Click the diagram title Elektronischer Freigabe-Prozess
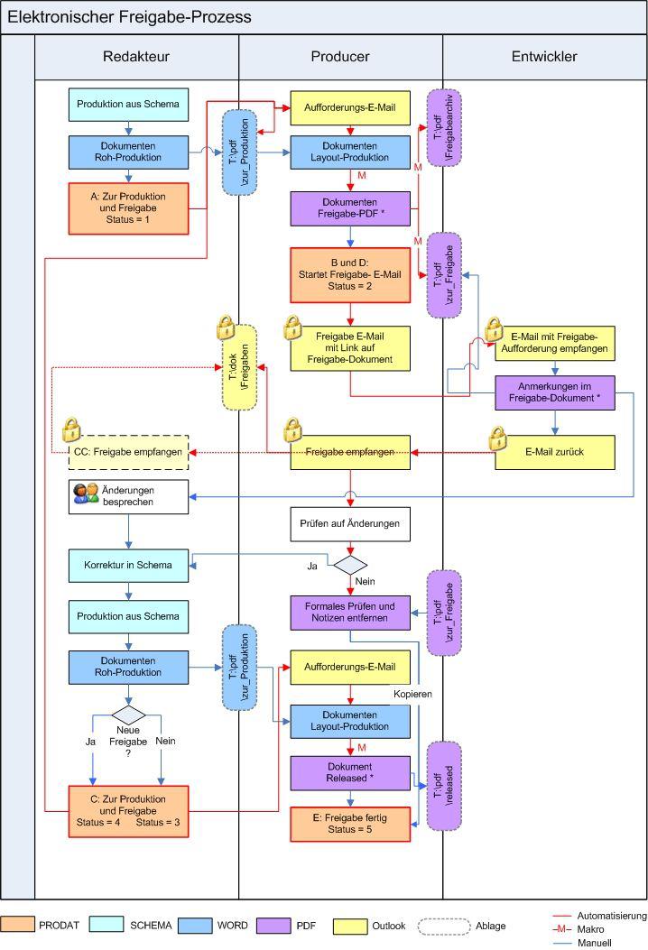point(130,17)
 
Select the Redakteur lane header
point(136,57)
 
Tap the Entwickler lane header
point(544,57)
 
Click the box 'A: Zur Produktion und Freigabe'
point(129,208)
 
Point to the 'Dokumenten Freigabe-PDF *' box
point(349,208)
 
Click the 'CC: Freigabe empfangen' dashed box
point(129,451)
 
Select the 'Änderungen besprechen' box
point(140,494)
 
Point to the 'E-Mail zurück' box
point(554,451)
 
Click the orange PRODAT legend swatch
point(18,925)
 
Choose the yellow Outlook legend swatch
point(351,925)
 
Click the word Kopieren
point(411,694)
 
